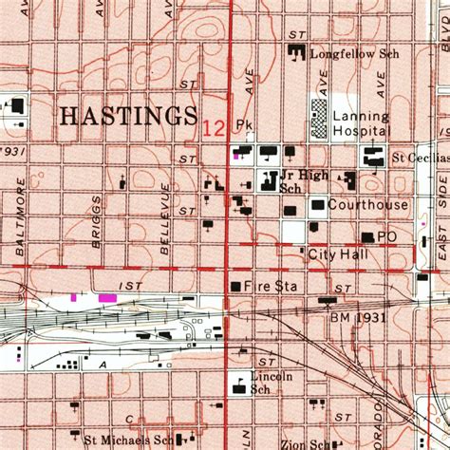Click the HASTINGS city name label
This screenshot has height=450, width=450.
click(x=127, y=116)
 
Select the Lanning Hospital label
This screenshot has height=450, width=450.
click(x=361, y=122)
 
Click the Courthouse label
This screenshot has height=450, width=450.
click(x=368, y=204)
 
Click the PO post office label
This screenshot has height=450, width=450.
click(x=386, y=236)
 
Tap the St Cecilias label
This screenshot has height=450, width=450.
click(x=421, y=158)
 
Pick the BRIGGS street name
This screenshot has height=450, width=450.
click(x=96, y=222)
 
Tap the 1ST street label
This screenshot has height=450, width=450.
click(x=130, y=285)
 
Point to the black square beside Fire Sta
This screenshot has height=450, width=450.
click(x=235, y=285)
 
